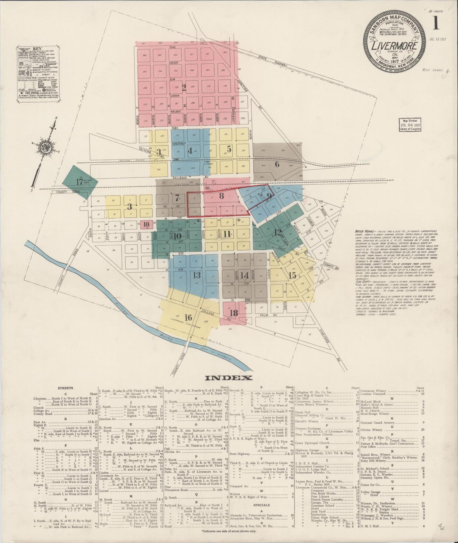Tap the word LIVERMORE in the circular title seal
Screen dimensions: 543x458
coord(394,45)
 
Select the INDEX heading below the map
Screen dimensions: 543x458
coord(229,378)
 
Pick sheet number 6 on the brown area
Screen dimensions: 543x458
coord(277,164)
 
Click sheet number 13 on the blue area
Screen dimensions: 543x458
coord(197,275)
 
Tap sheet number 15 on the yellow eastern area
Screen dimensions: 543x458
coord(293,275)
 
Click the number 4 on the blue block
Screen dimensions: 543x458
coord(190,151)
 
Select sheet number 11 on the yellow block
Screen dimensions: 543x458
coord(227,234)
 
